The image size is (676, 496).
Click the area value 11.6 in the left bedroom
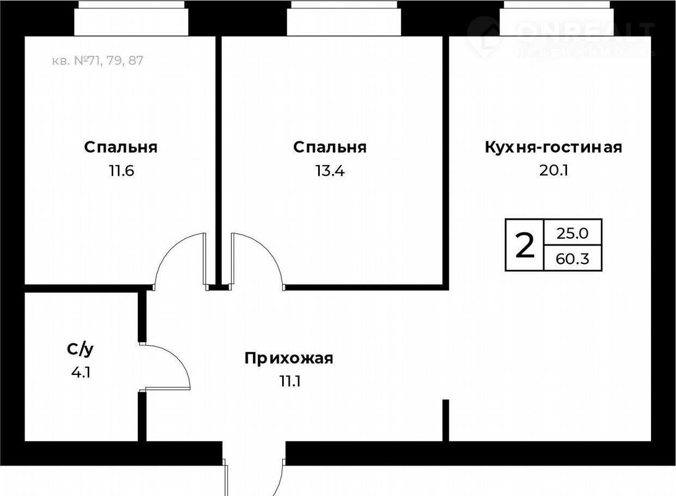121,171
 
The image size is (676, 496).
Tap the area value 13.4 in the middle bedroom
330,171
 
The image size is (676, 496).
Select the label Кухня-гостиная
554,147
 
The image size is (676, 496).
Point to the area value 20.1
554,171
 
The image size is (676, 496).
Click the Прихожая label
289,358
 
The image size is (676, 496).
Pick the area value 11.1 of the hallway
290,382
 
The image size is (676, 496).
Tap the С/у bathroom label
80,350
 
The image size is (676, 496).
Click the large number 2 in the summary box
525,245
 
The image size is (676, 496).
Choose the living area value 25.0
573,234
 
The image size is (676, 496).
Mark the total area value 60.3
573,259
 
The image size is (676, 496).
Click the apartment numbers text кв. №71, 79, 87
98,61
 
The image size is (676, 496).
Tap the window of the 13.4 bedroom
344,18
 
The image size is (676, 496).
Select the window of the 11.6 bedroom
131,18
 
